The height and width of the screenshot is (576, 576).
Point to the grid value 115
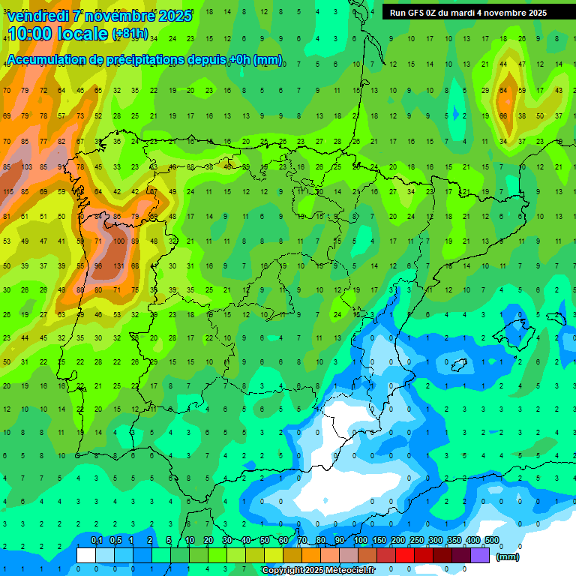[8, 192]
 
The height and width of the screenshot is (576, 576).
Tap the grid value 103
[26, 166]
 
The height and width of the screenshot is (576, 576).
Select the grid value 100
[118, 241]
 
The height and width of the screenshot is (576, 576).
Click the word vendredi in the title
[38, 16]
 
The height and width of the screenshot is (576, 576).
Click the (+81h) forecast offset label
[129, 34]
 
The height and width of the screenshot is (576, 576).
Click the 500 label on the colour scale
[492, 541]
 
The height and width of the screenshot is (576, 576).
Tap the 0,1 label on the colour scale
[96, 541]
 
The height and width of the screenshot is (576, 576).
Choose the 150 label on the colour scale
[379, 541]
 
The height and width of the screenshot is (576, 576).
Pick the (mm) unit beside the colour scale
[508, 556]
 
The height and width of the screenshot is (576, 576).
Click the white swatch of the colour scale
[86, 555]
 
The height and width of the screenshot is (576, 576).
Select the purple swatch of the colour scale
[480, 555]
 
